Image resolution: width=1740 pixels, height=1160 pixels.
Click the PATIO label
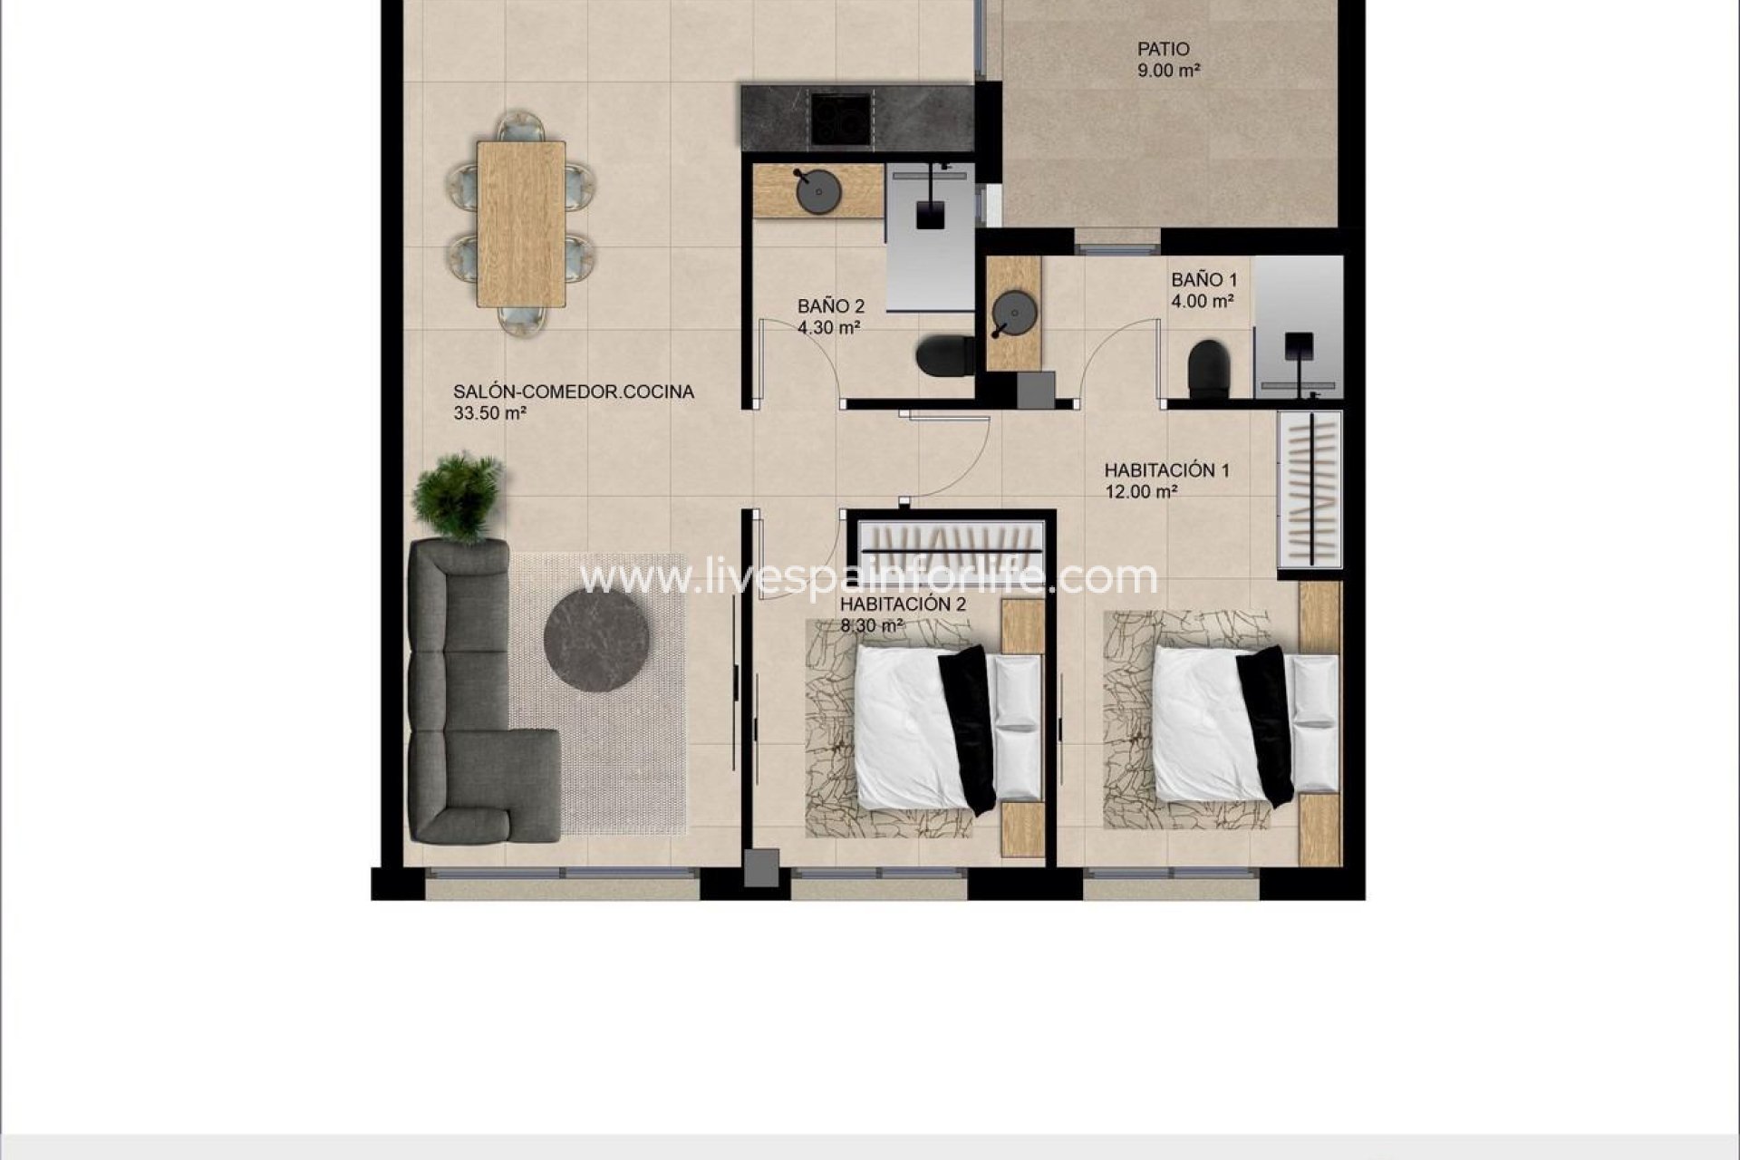pyautogui.click(x=1164, y=49)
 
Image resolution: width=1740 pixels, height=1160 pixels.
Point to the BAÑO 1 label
pyautogui.click(x=1203, y=281)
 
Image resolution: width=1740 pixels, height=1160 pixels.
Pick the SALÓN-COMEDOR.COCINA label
pyautogui.click(x=574, y=391)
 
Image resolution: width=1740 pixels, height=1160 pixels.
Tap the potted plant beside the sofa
pyautogui.click(x=458, y=497)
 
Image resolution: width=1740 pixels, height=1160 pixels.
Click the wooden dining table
pyautogui.click(x=521, y=223)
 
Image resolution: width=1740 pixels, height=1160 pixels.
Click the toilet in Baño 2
pyautogui.click(x=943, y=356)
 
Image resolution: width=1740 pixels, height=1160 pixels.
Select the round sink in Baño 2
pyautogui.click(x=818, y=191)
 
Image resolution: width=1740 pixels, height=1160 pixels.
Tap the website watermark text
pyautogui.click(x=868, y=577)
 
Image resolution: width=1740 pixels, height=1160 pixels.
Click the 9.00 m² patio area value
pyautogui.click(x=1168, y=71)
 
